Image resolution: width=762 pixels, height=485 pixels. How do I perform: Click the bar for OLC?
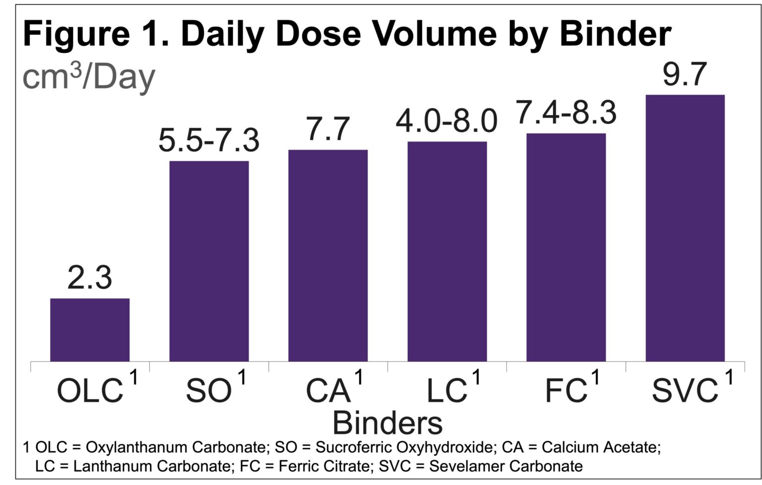[90, 330]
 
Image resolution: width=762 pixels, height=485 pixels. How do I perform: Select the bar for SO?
[209, 261]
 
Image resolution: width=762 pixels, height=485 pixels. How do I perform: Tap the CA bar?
[328, 255]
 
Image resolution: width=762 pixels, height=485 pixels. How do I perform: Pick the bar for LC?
[447, 251]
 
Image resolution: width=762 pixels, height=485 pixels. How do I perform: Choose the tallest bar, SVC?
[685, 228]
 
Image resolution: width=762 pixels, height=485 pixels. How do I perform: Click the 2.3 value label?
[90, 278]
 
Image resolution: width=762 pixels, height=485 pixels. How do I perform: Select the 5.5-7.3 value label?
[209, 140]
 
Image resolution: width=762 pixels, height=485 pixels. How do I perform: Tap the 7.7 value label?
[328, 130]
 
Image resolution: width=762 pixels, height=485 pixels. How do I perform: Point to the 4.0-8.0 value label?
[446, 121]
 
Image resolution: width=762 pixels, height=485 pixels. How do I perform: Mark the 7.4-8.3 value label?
[567, 113]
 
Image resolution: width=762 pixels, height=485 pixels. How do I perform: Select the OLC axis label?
[90, 390]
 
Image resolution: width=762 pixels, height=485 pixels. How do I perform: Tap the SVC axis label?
[685, 390]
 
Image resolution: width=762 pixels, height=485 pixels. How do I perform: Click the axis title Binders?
[387, 423]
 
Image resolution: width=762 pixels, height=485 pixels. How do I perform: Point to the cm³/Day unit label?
[89, 77]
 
